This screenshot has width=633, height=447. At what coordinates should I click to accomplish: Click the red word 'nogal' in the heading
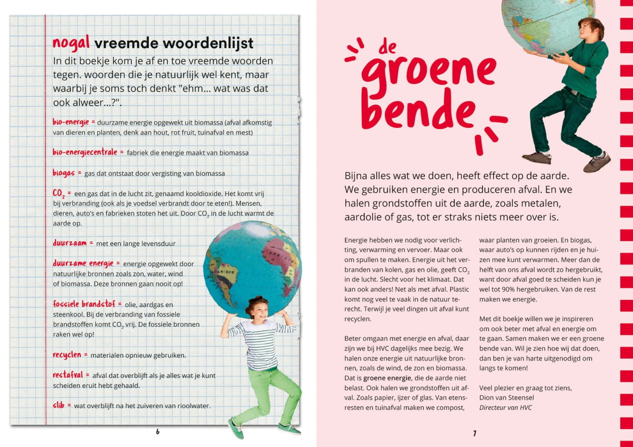(71, 43)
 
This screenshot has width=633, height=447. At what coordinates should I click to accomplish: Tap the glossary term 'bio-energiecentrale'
(85, 152)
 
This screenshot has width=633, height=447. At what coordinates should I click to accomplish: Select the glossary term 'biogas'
(64, 173)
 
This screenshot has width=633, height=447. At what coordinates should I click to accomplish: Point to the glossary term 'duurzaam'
(69, 243)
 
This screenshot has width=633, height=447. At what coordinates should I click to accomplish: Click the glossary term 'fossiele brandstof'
(84, 304)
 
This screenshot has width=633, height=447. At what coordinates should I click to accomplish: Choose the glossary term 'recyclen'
(67, 354)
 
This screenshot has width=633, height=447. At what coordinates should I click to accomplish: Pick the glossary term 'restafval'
(68, 375)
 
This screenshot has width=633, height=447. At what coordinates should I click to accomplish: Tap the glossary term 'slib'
(58, 405)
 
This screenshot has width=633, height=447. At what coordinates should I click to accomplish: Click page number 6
(158, 432)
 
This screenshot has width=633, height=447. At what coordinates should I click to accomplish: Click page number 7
(474, 433)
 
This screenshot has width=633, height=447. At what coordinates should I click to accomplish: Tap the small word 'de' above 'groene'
(387, 47)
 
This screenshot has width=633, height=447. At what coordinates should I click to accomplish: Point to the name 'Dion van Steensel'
(506, 398)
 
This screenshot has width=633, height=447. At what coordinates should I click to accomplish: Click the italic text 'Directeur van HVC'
(506, 407)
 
